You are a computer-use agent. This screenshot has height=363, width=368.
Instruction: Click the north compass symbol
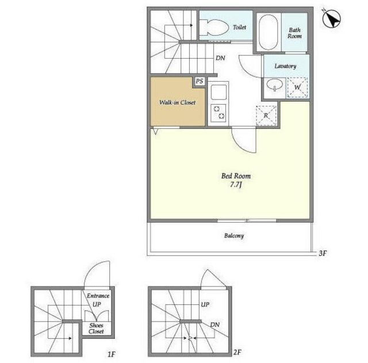tap(331, 18)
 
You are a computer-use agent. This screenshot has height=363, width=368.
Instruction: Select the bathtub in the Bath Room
tap(269, 32)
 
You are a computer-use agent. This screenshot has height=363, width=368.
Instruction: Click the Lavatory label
tap(285, 66)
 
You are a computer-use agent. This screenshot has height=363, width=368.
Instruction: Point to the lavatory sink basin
tap(275, 85)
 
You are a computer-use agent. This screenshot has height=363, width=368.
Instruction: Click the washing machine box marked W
tap(297, 87)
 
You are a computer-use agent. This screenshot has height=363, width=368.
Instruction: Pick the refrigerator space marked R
tap(266, 116)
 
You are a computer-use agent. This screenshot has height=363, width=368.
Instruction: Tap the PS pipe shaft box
tap(200, 81)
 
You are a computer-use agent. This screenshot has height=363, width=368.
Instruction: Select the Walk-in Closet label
tap(177, 102)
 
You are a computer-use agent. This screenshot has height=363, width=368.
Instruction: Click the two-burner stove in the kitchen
tap(218, 113)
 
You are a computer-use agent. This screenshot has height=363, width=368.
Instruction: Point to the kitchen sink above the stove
tap(218, 92)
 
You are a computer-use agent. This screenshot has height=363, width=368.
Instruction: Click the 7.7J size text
tap(236, 185)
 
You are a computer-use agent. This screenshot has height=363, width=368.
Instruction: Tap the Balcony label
tap(234, 236)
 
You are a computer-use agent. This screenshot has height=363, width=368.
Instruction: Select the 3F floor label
tap(323, 253)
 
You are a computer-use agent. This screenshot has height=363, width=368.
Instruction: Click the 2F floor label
tap(237, 352)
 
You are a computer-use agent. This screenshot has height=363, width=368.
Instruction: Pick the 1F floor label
tap(112, 354)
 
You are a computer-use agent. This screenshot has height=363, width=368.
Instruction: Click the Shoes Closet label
tap(96, 328)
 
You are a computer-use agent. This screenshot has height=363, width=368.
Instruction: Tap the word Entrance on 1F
tap(98, 296)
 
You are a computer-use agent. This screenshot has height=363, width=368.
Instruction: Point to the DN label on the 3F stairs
tap(220, 58)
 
